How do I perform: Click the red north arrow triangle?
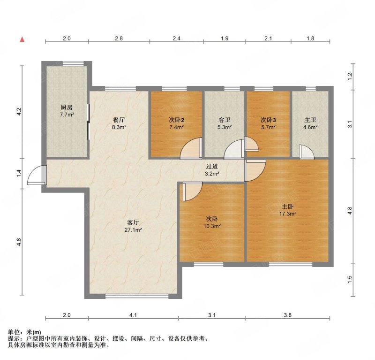tap(22, 39)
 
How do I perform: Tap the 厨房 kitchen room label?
tap(67, 107)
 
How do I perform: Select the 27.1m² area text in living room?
tap(133, 230)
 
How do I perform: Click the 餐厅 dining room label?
tap(119, 120)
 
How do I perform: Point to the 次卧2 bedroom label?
tap(177, 120)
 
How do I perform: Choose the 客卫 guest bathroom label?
tap(225, 120)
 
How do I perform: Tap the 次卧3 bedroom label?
tap(268, 120)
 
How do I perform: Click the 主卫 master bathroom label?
tap(310, 120)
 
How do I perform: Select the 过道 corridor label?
tap(212, 166)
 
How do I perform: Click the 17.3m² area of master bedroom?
tap(288, 214)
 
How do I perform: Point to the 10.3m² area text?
tap(212, 226)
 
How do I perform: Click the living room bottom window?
tap(137, 296)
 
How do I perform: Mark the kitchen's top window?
tap(73, 63)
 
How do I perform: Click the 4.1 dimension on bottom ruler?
tap(133, 315)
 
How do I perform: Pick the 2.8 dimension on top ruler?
tap(119, 38)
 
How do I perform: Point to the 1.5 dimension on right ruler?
tap(350, 279)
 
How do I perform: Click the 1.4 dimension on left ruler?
tap(19, 173)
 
